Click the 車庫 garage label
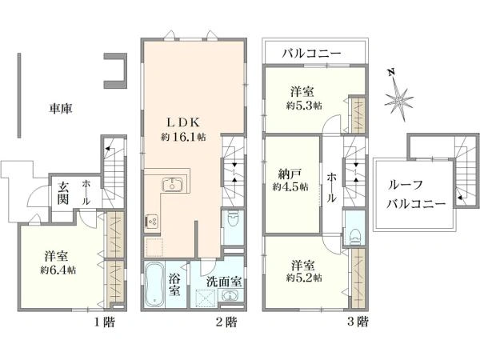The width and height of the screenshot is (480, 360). pyautogui.click(x=61, y=108)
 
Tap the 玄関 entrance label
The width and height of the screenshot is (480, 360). pyautogui.click(x=62, y=193)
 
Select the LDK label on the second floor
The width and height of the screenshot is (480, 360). pyautogui.click(x=183, y=122)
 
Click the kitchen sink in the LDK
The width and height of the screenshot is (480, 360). pyautogui.click(x=172, y=184)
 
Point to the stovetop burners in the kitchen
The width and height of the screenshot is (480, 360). pyautogui.click(x=152, y=221)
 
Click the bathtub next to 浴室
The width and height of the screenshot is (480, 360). pyautogui.click(x=154, y=284)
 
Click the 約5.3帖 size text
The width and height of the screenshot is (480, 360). pyautogui.click(x=304, y=106)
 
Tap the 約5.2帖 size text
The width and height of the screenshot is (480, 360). pyautogui.click(x=304, y=278)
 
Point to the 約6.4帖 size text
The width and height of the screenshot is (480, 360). pyautogui.click(x=58, y=270)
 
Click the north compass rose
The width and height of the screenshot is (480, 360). pyautogui.click(x=398, y=99)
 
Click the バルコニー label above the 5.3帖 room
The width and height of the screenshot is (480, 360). pyautogui.click(x=311, y=54)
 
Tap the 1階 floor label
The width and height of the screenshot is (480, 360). pyautogui.click(x=104, y=322)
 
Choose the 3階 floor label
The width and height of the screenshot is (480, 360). pyautogui.click(x=358, y=322)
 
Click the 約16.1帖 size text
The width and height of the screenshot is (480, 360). pyautogui.click(x=183, y=137)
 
